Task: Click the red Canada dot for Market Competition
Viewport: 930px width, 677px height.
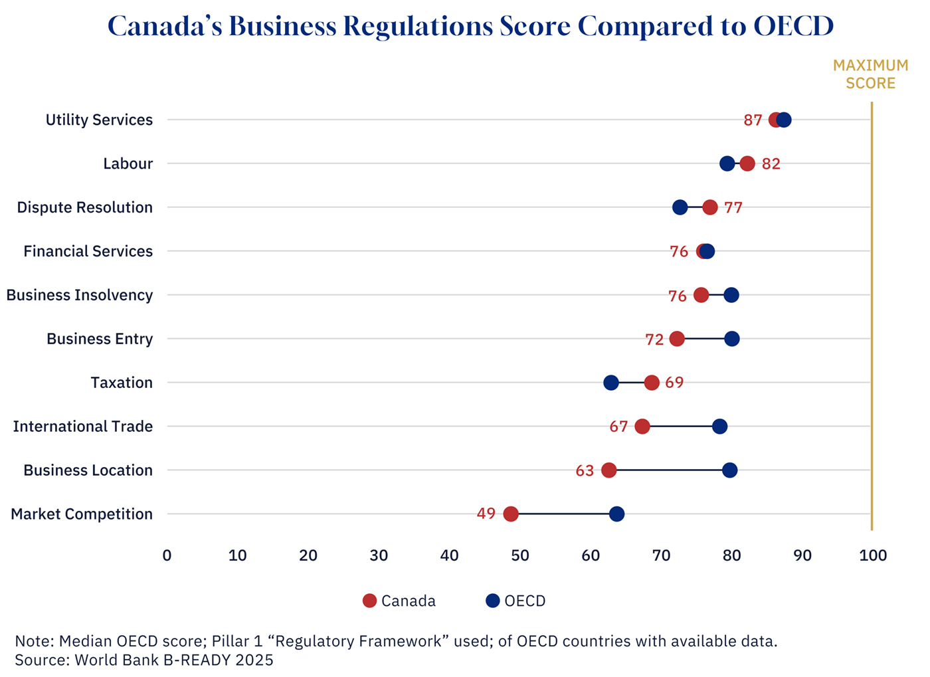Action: (x=510, y=514)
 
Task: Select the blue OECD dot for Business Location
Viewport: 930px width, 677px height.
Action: (x=729, y=470)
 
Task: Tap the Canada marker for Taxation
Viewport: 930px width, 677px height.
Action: (x=652, y=383)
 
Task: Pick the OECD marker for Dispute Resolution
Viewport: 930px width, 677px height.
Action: (x=680, y=207)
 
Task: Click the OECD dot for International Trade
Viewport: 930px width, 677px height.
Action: (x=719, y=427)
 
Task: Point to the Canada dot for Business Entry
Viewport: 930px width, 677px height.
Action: (x=677, y=339)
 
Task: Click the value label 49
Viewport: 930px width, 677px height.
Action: (x=486, y=514)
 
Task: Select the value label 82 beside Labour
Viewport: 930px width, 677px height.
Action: (x=771, y=164)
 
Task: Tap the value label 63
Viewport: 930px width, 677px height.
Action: (x=585, y=471)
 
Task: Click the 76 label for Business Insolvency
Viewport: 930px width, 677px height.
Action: (x=678, y=296)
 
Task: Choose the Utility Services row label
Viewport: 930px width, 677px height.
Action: (x=99, y=120)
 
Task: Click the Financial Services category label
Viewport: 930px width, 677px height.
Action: (x=88, y=251)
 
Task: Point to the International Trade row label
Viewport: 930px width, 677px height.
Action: (x=82, y=427)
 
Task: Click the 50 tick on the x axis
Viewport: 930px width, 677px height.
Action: (x=520, y=555)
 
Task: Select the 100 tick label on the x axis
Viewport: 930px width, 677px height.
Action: (x=873, y=555)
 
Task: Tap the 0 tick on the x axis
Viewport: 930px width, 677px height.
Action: (x=167, y=555)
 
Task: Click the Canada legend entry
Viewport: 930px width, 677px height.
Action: (x=399, y=601)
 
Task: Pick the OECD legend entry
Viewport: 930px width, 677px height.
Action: (x=516, y=601)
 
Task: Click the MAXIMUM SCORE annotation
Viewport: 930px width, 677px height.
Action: (x=870, y=74)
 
